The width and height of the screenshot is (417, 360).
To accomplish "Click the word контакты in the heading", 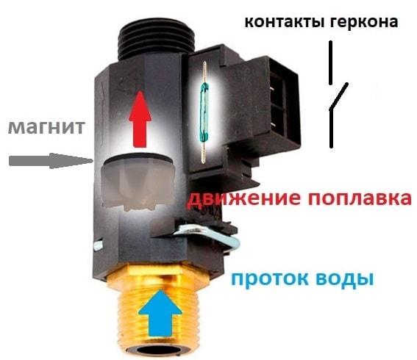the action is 285,22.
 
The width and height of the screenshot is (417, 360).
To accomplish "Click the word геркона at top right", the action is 364,22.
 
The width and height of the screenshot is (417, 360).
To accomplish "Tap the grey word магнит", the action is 46,127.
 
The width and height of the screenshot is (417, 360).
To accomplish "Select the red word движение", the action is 245,198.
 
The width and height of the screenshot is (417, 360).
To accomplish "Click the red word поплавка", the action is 360,198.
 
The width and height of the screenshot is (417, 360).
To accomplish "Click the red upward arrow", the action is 140,119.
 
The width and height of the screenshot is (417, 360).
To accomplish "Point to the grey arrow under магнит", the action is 51,161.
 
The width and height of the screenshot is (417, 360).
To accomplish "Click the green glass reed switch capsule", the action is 204,99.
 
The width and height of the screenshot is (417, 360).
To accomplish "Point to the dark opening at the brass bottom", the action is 159,350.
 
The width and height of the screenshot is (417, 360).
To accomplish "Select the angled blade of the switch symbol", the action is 338,96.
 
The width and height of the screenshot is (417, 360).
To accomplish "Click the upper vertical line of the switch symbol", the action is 330,62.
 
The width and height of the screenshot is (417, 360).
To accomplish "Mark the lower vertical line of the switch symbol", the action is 331,128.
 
